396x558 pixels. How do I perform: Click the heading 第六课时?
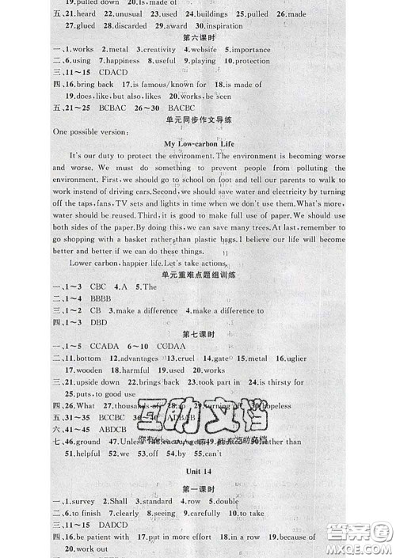(x=198, y=36)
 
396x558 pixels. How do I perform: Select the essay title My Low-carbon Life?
(x=198, y=143)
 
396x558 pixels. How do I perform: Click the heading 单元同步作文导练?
(x=198, y=120)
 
